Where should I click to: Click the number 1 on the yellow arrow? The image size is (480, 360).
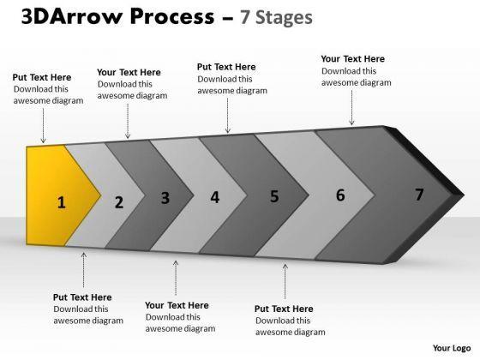click(x=62, y=202)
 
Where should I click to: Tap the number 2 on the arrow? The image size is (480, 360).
click(x=119, y=202)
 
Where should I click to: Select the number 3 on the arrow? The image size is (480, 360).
click(x=165, y=198)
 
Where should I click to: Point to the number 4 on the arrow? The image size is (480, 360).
click(x=215, y=197)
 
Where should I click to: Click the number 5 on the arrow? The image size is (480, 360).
click(x=274, y=196)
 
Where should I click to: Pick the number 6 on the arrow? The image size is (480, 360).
click(x=340, y=195)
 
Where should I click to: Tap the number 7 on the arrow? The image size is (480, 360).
click(x=419, y=195)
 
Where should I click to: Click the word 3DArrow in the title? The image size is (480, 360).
click(x=72, y=16)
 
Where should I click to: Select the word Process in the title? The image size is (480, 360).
click(x=172, y=16)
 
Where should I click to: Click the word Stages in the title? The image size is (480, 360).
click(x=284, y=18)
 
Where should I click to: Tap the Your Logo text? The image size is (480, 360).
click(x=452, y=348)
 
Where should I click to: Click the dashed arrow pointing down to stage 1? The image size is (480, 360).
click(x=43, y=125)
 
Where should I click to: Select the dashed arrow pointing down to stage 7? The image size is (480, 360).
click(x=351, y=108)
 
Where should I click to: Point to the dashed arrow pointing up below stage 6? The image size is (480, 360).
click(x=285, y=282)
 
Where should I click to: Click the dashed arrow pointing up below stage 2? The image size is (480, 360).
click(x=84, y=270)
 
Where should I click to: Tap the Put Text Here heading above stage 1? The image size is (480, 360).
click(x=42, y=77)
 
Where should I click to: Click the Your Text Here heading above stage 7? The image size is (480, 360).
click(x=353, y=59)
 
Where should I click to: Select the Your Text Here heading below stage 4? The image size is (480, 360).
click(x=177, y=305)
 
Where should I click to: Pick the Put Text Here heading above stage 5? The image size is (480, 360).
click(x=226, y=67)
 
